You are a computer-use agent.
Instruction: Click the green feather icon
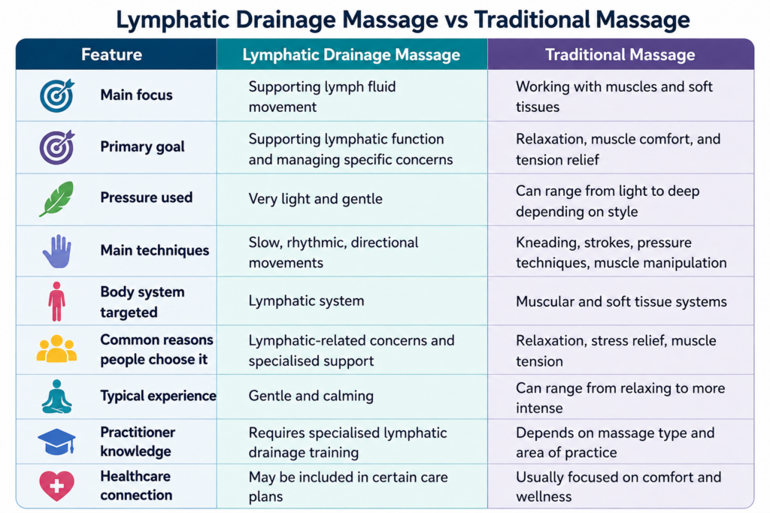click(57, 198)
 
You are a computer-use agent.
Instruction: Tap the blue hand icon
click(57, 251)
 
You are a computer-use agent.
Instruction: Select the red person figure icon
click(57, 301)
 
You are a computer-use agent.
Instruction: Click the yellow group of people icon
click(57, 349)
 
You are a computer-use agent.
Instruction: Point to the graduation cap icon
click(57, 442)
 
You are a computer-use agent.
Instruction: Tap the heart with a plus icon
click(57, 485)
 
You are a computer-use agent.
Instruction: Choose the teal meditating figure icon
click(57, 397)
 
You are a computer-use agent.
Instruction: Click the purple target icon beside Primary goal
click(57, 147)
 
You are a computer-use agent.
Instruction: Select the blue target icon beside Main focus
click(57, 95)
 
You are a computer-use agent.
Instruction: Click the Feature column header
click(111, 54)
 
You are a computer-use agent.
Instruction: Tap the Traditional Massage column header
click(620, 54)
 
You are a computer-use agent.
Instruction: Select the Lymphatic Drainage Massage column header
click(352, 54)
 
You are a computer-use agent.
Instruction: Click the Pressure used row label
click(147, 197)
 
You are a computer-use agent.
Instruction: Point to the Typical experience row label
click(158, 396)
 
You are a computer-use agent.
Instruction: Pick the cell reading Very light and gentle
click(315, 198)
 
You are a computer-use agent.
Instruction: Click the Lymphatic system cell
click(307, 300)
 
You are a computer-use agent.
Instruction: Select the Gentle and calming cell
click(311, 396)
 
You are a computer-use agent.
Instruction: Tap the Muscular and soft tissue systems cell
click(621, 301)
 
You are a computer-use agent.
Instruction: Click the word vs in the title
click(456, 20)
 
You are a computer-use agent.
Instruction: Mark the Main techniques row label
click(155, 250)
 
